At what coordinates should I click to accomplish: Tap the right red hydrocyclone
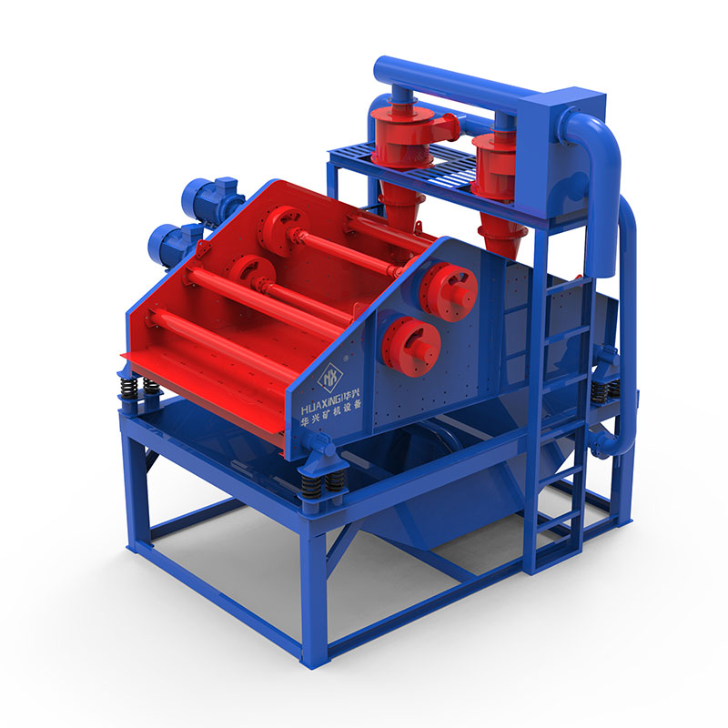point(495,186)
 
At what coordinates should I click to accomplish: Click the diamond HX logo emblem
point(330,375)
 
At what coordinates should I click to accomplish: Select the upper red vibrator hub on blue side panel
point(447,291)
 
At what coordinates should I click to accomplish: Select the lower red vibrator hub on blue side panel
point(410,346)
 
